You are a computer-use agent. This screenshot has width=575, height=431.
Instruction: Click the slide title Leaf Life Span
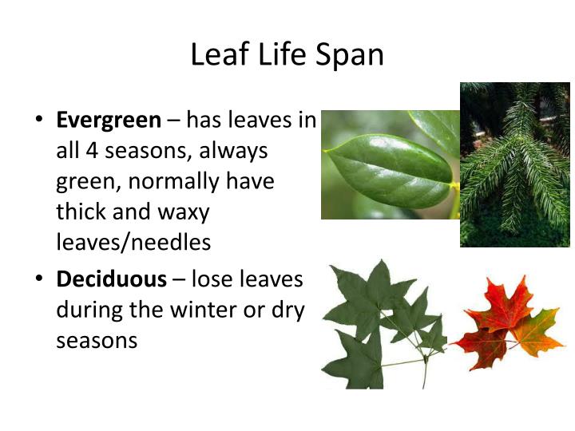coord(287,54)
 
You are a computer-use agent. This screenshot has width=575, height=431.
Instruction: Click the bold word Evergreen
coord(109,121)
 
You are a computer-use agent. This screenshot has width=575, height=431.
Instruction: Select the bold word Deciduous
coord(112,279)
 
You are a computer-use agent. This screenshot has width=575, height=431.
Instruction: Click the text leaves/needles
coord(133,242)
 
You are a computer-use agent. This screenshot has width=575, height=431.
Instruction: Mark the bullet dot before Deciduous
coord(40,280)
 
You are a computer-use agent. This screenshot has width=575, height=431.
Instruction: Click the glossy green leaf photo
coord(390,164)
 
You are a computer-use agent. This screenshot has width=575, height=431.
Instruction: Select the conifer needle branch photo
coord(514,164)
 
